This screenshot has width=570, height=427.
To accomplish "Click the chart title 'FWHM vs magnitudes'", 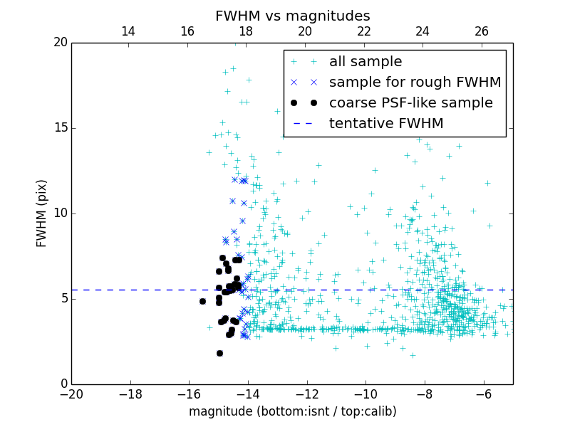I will (x=292, y=16).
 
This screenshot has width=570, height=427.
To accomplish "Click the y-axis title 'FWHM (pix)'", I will (x=42, y=213).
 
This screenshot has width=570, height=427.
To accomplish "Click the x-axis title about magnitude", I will (x=292, y=411).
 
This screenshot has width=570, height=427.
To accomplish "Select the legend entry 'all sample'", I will (x=366, y=62).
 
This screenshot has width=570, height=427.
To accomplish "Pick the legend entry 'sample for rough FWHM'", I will (x=415, y=83).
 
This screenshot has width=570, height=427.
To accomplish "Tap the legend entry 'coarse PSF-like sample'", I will (x=410, y=103).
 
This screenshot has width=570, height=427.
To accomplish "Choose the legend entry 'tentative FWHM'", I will (x=386, y=124).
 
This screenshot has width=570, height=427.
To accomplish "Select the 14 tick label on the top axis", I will (x=128, y=31).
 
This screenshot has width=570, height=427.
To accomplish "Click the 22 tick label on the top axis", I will (x=364, y=31).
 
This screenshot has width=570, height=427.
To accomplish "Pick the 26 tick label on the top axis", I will (x=482, y=31).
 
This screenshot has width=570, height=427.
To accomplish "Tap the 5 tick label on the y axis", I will (x=61, y=299).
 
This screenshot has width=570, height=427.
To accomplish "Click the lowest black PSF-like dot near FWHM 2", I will (x=219, y=353).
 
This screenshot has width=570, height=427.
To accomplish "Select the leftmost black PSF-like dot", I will (x=202, y=301).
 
